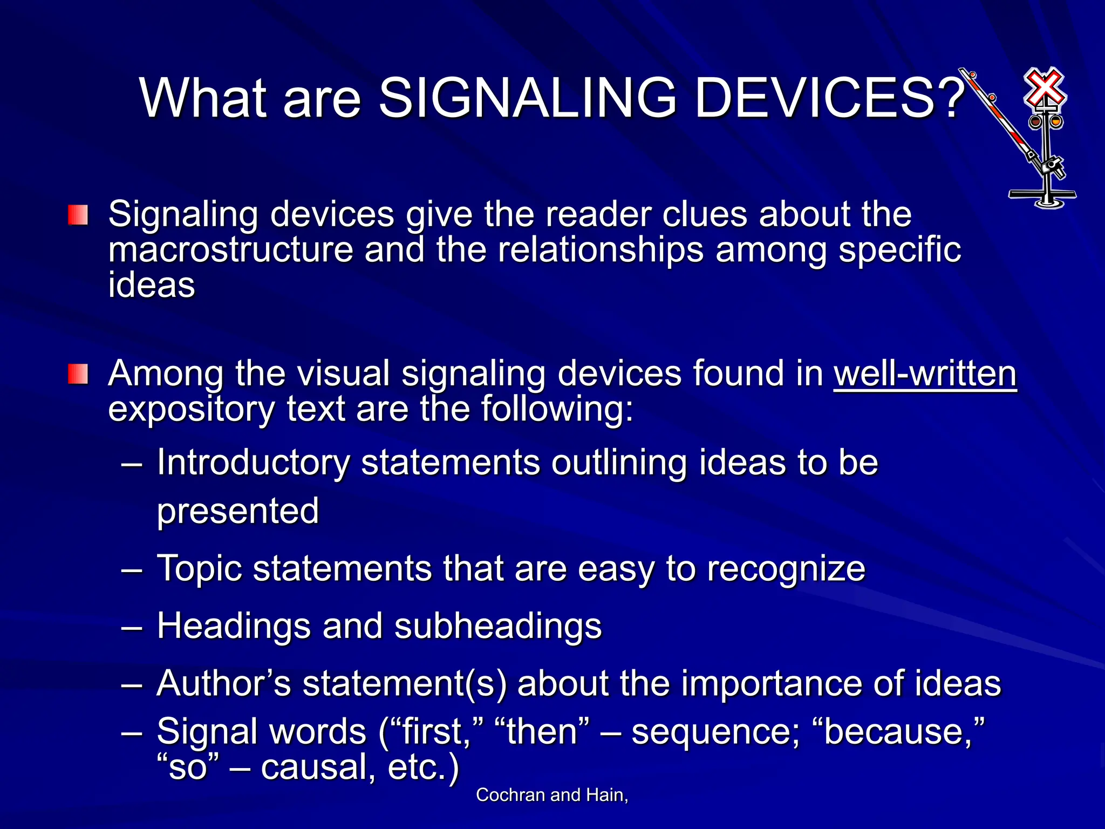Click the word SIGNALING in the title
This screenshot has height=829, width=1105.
pos(527,98)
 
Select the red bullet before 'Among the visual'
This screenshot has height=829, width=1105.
pos(78,374)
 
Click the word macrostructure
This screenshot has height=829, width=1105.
pos(230,250)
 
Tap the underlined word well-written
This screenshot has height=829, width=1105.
pos(925,374)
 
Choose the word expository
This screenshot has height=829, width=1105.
pos(192,409)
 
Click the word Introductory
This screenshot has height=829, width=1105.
pos(253,463)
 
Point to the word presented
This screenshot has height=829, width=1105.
pos(238,511)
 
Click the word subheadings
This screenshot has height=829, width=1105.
pos(497,626)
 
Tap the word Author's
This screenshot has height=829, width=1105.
pos(223,683)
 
